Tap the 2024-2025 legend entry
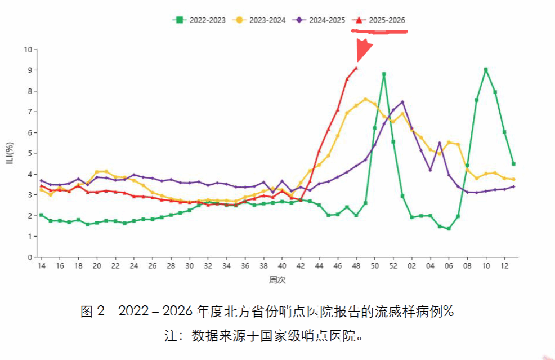[x=319, y=20]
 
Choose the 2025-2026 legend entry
[x=379, y=20]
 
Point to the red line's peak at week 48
[x=356, y=68]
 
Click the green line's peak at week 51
[x=384, y=74]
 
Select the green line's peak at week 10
[x=486, y=70]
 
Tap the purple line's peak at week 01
[x=402, y=102]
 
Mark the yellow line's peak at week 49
[x=365, y=99]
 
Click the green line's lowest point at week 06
[x=449, y=229]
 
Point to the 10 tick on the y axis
[x=28, y=50]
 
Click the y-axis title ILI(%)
[x=10, y=153]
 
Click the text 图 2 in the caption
[x=93, y=312]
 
